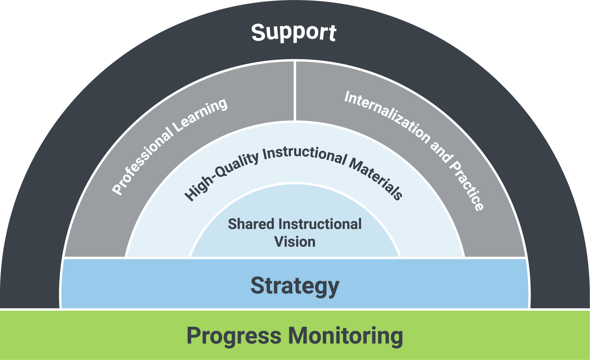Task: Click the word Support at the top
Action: click(293, 32)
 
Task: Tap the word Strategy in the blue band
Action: click(295, 286)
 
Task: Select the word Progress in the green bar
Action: click(234, 336)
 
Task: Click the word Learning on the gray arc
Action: click(201, 115)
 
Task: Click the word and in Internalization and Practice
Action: click(440, 151)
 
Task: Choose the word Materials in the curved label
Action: click(376, 179)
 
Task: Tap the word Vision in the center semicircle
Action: click(295, 242)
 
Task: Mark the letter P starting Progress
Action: click(194, 336)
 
